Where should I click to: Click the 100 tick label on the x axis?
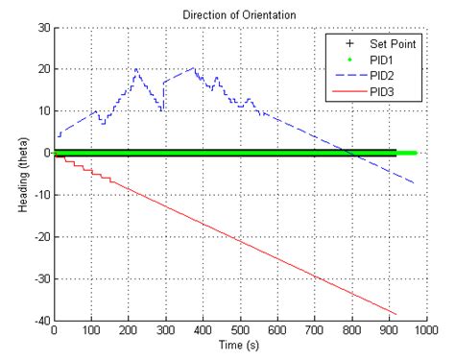click(92, 331)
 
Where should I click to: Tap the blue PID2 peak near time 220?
click(136, 69)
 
